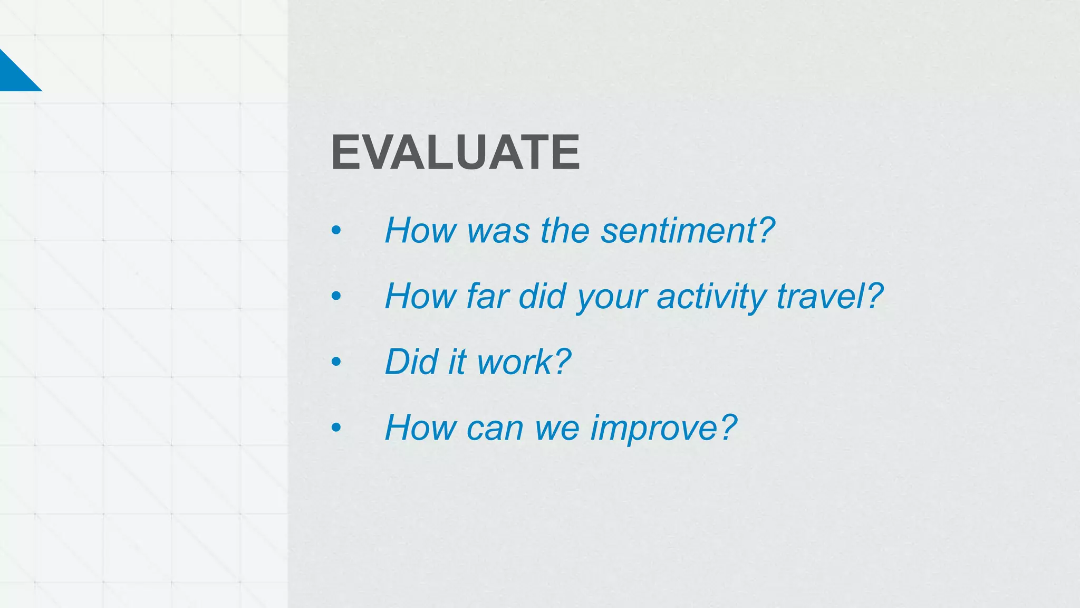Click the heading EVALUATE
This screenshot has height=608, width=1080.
coord(455,153)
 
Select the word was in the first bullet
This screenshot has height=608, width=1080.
coord(498,232)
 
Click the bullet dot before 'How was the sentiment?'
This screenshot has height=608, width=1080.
coord(336,231)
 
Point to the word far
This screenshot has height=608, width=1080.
coord(487,296)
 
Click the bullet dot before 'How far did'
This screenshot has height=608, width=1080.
coord(336,297)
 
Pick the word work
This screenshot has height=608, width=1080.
coord(514,362)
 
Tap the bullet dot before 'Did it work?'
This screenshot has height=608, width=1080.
coord(336,362)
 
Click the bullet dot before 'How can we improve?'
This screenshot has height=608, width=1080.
coord(336,427)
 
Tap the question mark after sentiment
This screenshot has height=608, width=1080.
coord(764,231)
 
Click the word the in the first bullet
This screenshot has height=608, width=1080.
coord(565,231)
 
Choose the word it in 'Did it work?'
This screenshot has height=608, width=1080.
coord(457,362)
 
